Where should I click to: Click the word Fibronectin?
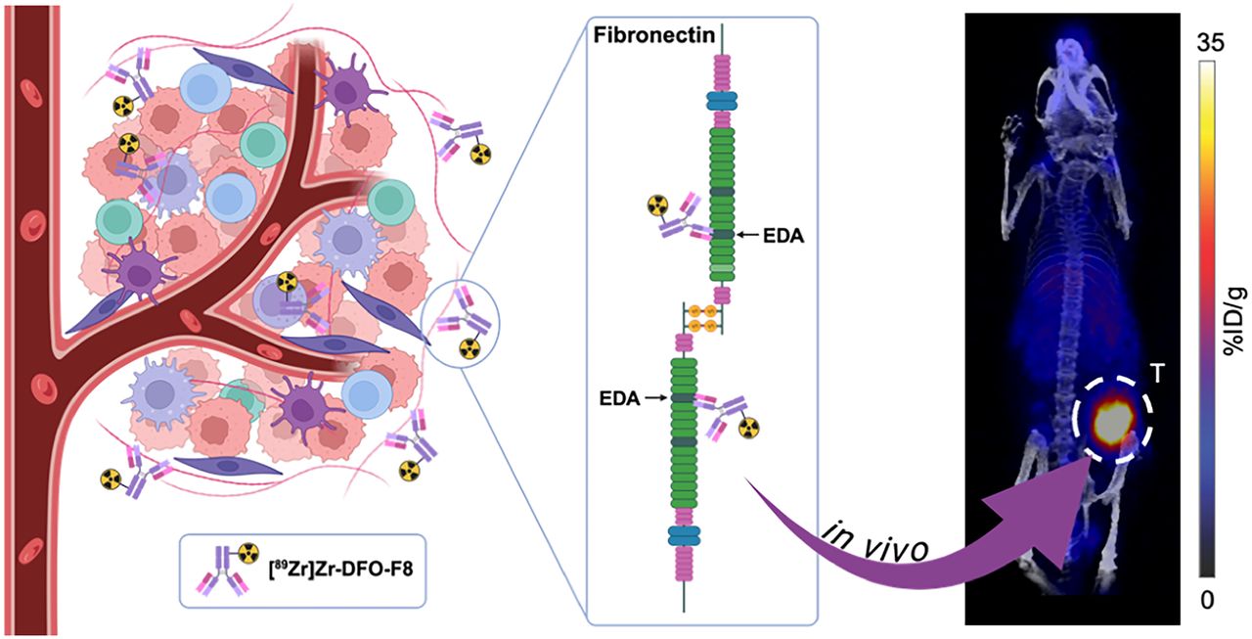[654, 35]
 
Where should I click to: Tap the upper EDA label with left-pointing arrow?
[770, 236]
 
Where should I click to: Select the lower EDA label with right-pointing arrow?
[633, 398]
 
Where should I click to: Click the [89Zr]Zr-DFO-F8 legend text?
[341, 571]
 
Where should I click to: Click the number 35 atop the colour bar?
[1210, 43]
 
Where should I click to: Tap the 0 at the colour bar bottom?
[1207, 601]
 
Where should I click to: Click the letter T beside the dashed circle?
[1159, 374]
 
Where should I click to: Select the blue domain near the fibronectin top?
[722, 101]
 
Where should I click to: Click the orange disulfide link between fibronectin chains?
[702, 318]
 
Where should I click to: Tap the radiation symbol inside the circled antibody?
[469, 348]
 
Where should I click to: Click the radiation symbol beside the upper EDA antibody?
[658, 205]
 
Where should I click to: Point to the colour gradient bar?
[1207, 319]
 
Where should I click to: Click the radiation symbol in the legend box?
[248, 553]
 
